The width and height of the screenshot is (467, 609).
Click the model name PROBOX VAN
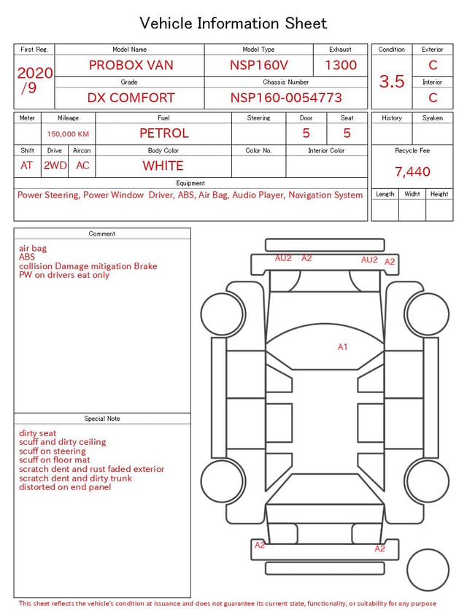click(x=131, y=65)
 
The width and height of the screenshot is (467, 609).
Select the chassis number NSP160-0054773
click(x=286, y=98)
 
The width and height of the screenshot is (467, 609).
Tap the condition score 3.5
click(x=392, y=81)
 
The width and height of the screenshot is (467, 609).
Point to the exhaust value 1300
click(x=341, y=65)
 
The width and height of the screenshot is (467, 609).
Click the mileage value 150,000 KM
click(x=68, y=134)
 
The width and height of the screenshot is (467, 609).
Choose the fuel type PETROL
click(x=164, y=133)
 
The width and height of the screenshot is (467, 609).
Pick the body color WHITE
click(x=163, y=166)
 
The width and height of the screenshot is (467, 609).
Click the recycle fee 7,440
click(x=412, y=171)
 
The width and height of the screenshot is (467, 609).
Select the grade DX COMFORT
click(x=131, y=98)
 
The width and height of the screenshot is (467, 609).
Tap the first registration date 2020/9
click(x=34, y=80)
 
